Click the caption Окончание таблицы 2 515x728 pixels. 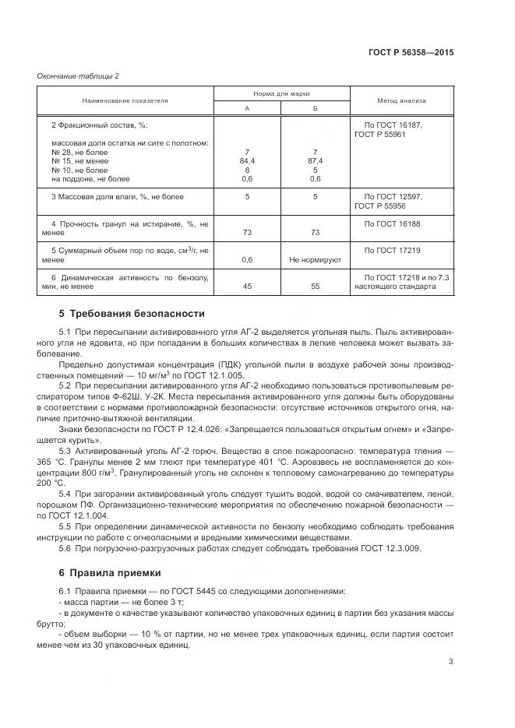coord(78,76)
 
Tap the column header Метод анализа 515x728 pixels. coord(401,100)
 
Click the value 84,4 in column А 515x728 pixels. coord(247,160)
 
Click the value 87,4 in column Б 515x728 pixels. coord(315,160)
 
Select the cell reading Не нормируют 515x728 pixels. coord(315,260)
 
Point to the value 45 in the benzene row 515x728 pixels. coord(247,287)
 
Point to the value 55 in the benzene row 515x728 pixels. coord(315,287)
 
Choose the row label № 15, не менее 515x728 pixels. coord(79,160)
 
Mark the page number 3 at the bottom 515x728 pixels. coord(450,662)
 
